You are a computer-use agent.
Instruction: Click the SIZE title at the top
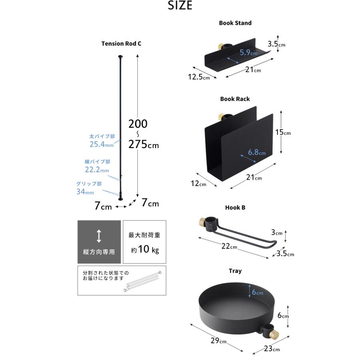(x=180, y=6)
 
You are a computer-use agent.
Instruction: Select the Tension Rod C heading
(x=121, y=44)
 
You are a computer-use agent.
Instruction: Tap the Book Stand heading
(x=235, y=23)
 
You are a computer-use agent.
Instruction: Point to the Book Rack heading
(x=235, y=99)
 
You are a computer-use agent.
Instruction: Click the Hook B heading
(x=235, y=208)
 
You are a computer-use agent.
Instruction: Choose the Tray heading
(x=235, y=271)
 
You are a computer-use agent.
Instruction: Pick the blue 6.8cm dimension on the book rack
(x=256, y=152)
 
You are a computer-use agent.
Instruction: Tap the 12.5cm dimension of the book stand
(x=199, y=77)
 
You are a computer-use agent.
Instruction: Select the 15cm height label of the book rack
(x=283, y=132)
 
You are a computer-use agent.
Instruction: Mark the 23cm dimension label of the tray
(x=271, y=349)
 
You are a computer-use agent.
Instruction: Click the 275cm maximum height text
(x=143, y=145)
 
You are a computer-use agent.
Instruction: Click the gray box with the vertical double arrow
(x=99, y=242)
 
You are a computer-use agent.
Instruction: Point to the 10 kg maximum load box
(x=144, y=242)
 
